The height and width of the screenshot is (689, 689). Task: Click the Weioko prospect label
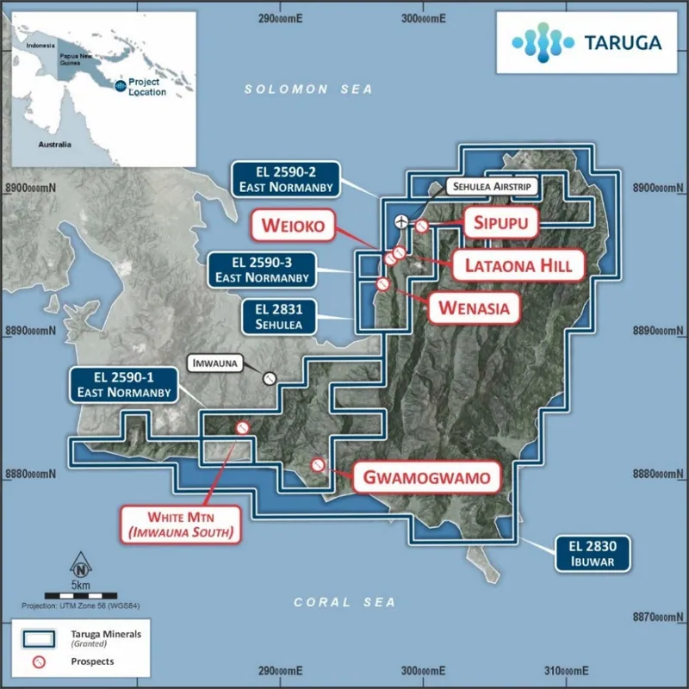point(293,226)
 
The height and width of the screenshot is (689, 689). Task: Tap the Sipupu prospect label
point(500,223)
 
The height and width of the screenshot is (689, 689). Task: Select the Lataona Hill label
point(518,265)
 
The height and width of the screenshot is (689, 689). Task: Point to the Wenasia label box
point(475,308)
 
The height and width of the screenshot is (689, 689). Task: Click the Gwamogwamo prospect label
point(426,477)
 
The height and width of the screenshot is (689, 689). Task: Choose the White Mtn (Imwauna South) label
point(181,525)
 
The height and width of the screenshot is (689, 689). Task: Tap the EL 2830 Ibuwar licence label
point(593,554)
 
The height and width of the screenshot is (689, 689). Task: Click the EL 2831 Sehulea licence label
point(278,317)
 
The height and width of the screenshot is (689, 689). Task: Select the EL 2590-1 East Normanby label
point(124,384)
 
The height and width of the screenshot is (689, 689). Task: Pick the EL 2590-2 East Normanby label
point(286,179)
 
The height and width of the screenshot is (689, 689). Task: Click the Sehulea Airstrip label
point(492,186)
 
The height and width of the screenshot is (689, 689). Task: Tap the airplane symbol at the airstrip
point(401,221)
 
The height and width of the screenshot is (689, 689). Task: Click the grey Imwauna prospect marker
point(270,378)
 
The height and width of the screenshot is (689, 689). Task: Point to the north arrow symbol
point(81,565)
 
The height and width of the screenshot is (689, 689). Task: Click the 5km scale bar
point(81,596)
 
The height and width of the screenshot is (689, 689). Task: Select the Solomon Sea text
point(308,90)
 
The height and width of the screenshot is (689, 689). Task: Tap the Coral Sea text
point(344,602)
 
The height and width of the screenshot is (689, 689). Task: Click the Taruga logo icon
point(543,42)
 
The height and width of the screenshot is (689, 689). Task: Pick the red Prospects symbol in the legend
point(39,661)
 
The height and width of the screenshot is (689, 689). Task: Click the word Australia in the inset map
point(54,145)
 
